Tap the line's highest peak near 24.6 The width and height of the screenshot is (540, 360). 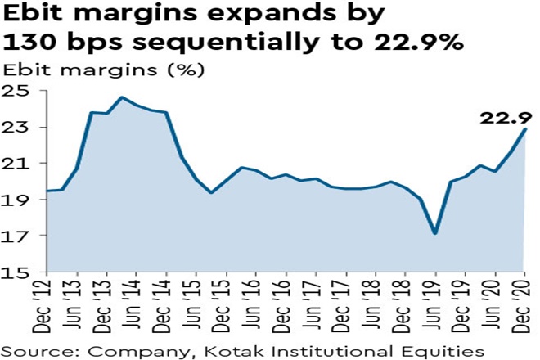[122, 97]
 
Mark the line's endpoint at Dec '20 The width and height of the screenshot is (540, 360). [525, 129]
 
